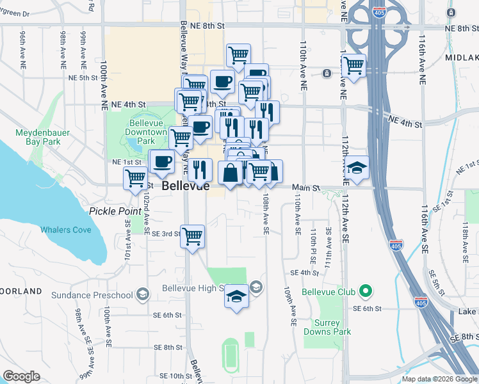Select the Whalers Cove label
point(66,230)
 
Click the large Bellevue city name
point(186,186)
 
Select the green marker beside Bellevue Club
point(366,292)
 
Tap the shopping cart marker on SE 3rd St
point(192,236)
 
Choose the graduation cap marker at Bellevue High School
point(236,296)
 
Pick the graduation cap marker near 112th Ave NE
point(358,168)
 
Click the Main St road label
point(305,188)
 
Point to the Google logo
point(21,376)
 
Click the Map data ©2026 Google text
point(439,379)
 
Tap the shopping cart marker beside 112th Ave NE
point(353,65)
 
